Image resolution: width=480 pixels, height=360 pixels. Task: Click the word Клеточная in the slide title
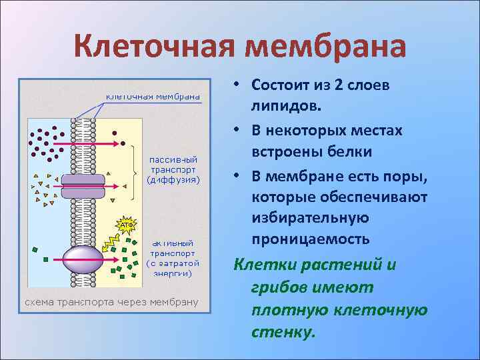pos(155,46)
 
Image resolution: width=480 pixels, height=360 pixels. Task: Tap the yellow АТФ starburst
pos(126,225)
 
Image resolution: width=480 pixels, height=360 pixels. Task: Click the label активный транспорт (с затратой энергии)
pos(172,258)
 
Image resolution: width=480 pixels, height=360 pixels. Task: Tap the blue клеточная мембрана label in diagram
pos(153,95)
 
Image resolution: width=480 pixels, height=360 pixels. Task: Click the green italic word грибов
pos(279,288)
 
